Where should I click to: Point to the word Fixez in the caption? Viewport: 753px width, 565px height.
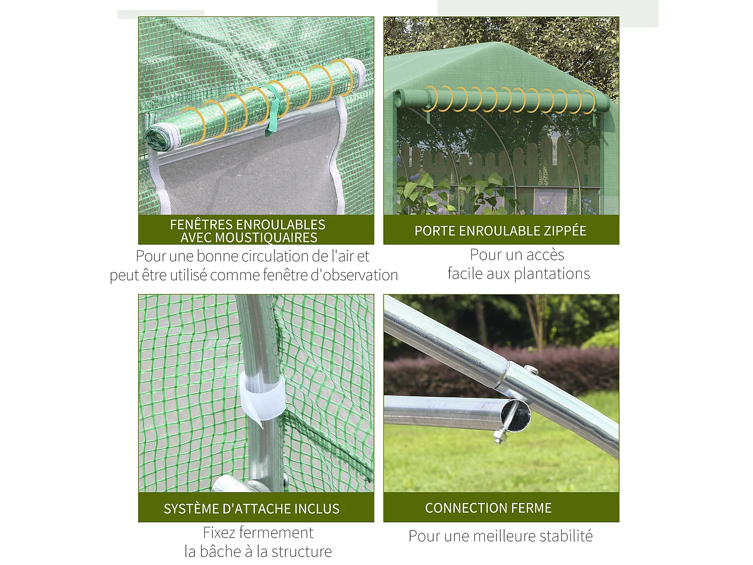[x=219, y=532]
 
